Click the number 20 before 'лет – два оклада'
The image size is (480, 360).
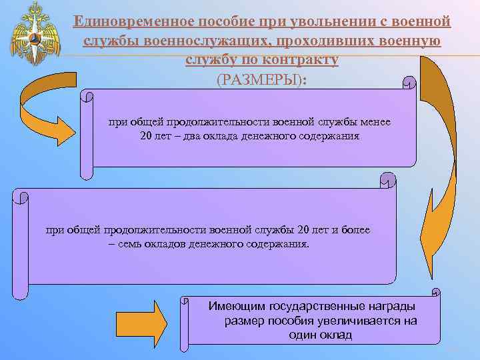click(147, 136)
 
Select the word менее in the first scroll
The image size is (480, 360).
click(377, 123)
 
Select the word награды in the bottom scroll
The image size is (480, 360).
click(390, 307)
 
